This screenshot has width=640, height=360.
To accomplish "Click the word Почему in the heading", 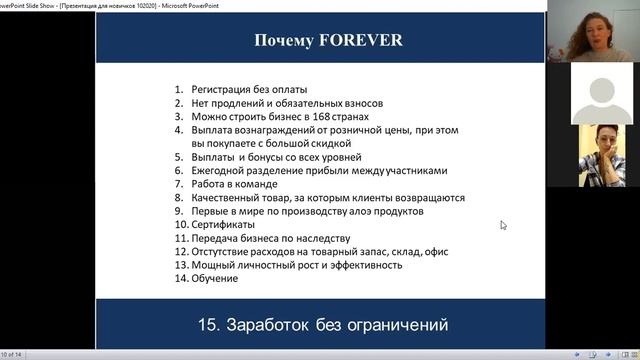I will click(284, 41).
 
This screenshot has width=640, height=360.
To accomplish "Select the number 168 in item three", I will click(305, 116).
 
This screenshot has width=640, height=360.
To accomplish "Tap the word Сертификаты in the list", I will click(224, 225).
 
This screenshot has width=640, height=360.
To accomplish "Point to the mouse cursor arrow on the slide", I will click(503, 225).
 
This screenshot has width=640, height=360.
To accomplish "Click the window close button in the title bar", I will click(631, 4).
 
